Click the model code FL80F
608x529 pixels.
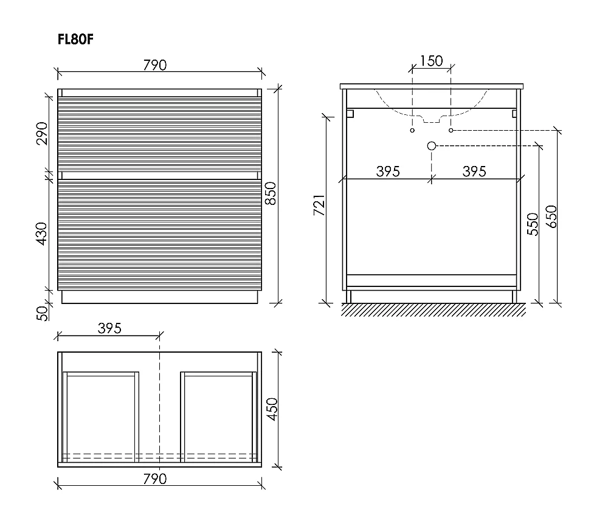75,39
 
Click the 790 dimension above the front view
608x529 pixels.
154,65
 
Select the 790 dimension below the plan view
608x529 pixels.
154,479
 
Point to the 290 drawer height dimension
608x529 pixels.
42,133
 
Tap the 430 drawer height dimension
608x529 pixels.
41,233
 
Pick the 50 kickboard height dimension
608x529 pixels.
43,313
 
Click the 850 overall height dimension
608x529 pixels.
271,193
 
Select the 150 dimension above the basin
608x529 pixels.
431,61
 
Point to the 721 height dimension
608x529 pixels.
319,205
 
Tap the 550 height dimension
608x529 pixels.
533,224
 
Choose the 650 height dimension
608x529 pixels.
551,217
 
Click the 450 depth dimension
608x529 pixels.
272,409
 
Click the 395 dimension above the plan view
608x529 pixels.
109,328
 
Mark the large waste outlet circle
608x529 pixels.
432,146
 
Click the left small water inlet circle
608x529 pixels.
412,130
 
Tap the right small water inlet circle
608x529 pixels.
451,130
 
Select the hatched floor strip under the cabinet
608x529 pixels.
434,310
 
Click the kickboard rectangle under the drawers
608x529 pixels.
159,297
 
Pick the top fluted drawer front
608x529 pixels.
159,134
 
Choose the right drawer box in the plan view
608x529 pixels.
218,417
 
